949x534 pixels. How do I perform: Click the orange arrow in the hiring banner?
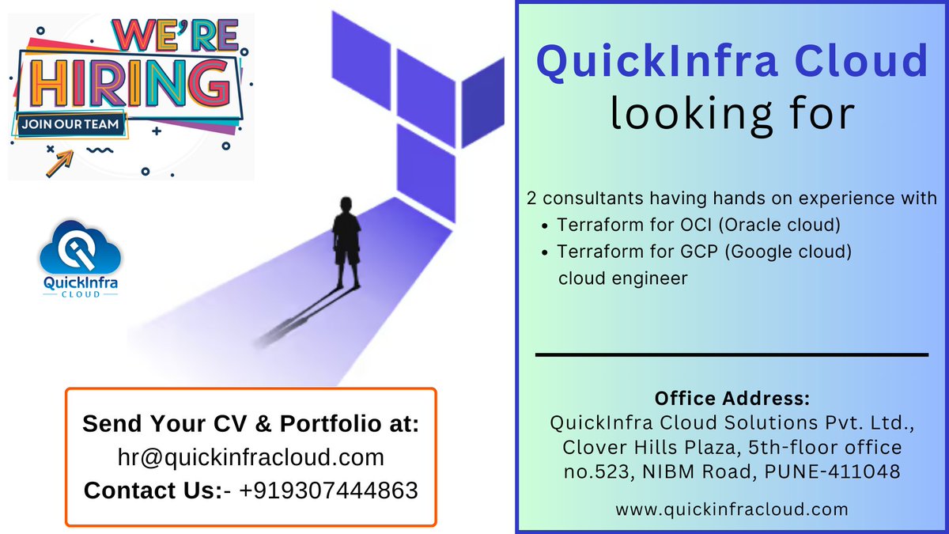(59, 161)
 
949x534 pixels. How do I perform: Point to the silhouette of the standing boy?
(346, 242)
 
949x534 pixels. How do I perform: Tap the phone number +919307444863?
(328, 490)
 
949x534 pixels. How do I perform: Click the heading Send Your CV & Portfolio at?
(251, 424)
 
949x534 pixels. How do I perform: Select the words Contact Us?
(149, 490)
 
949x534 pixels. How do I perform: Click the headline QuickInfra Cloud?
(732, 61)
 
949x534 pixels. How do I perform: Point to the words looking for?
(732, 113)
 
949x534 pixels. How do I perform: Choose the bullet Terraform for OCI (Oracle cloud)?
(698, 225)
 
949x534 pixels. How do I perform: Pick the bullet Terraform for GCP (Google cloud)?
(704, 252)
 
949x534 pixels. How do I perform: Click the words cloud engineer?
(623, 278)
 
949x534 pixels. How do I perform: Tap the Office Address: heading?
(732, 398)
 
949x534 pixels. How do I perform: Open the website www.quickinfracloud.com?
(732, 509)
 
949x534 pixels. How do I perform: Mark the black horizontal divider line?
(732, 355)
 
